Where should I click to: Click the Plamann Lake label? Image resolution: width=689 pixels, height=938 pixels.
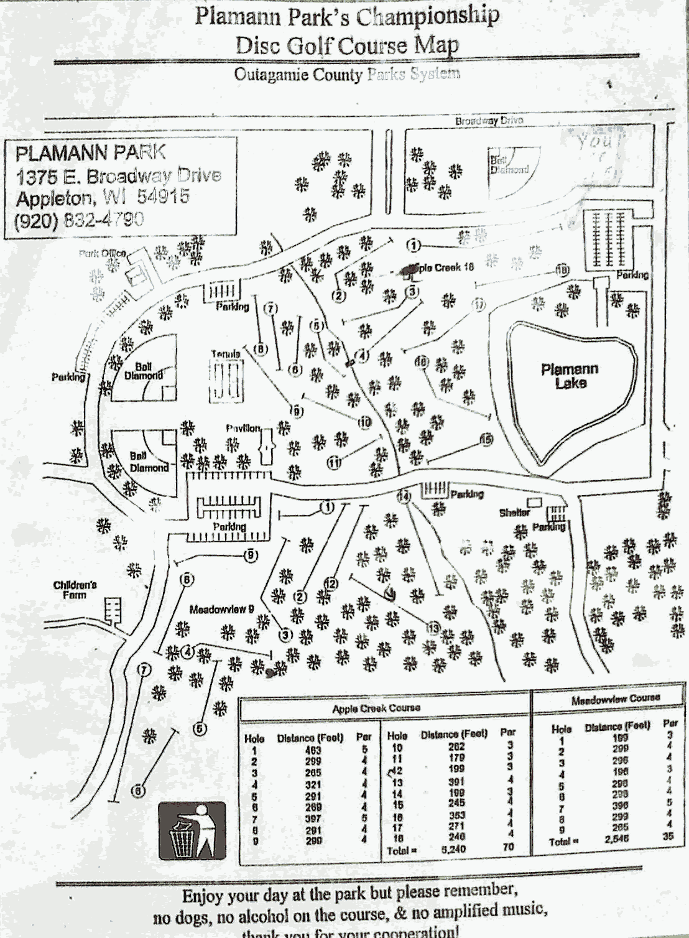click(x=569, y=376)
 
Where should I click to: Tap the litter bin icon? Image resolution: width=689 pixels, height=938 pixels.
click(x=192, y=830)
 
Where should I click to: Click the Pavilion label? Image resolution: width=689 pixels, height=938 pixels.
click(x=243, y=429)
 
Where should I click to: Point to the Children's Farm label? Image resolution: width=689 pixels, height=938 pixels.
click(x=75, y=590)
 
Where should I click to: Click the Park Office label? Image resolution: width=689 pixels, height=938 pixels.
click(x=103, y=253)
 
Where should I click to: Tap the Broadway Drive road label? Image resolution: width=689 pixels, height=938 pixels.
click(x=489, y=121)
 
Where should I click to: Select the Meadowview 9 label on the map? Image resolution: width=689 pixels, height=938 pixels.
click(x=221, y=610)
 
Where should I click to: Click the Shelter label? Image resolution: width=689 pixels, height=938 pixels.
click(x=514, y=513)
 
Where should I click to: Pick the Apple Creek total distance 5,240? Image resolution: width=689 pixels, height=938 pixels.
click(x=453, y=849)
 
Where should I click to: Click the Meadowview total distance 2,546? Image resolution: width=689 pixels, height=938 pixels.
click(x=616, y=838)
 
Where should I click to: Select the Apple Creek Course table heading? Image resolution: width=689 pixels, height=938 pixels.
click(x=376, y=708)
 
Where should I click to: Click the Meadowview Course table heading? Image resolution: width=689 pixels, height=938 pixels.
click(x=615, y=700)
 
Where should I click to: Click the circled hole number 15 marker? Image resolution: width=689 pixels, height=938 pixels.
click(x=486, y=440)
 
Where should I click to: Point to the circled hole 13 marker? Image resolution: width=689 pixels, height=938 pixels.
click(x=433, y=628)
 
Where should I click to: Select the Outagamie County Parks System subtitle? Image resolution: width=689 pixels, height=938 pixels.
click(x=347, y=75)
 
